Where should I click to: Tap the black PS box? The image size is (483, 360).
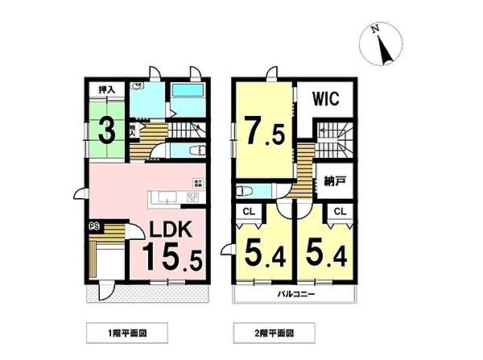[94, 226]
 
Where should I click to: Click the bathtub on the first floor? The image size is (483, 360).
[186, 91]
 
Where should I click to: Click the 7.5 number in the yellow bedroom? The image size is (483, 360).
[262, 130]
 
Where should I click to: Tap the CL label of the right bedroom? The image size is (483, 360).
[340, 212]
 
